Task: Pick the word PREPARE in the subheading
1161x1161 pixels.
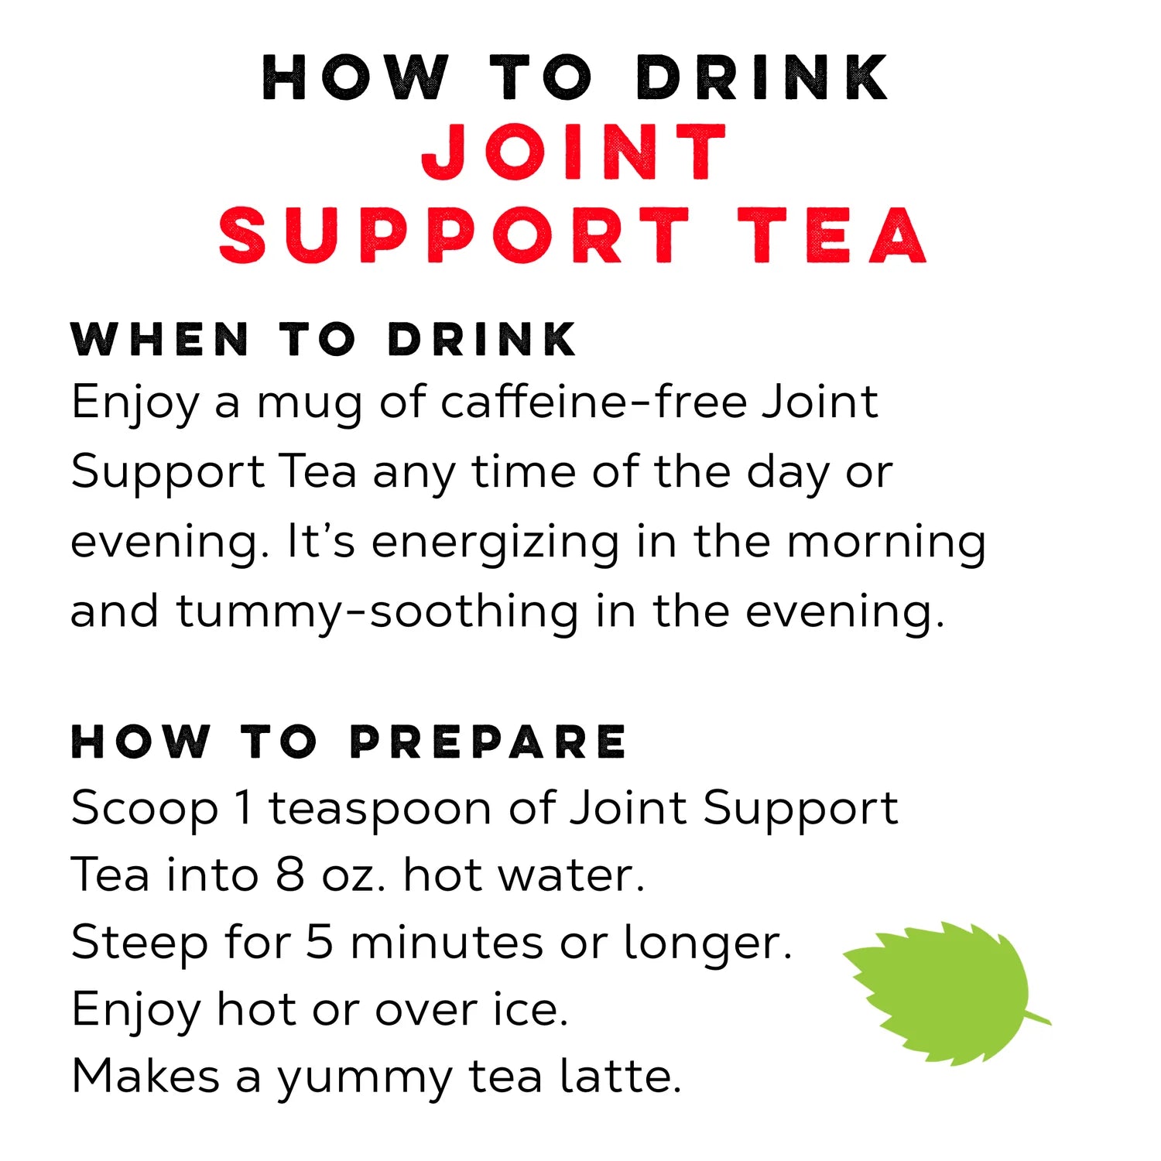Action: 488,741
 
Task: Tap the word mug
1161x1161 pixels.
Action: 309,407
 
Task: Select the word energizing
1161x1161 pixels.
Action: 495,544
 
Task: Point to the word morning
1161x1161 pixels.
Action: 886,544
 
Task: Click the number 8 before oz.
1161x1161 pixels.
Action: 289,875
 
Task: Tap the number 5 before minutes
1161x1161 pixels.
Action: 320,943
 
